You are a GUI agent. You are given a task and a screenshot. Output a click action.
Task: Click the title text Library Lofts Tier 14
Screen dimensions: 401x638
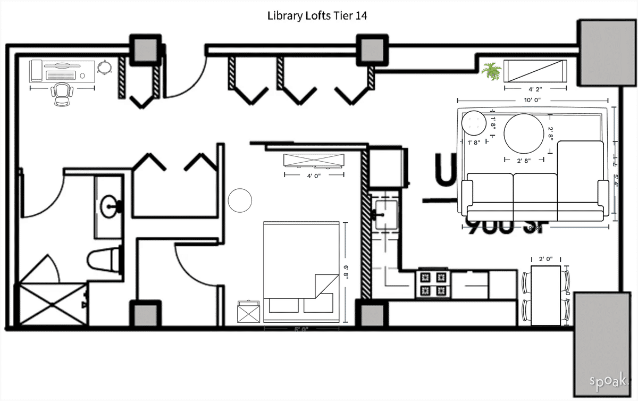coord(317,16)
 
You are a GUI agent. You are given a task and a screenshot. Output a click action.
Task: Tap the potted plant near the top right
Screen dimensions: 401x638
coord(491,71)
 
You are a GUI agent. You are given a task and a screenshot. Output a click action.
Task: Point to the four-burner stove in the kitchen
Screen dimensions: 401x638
coord(433,284)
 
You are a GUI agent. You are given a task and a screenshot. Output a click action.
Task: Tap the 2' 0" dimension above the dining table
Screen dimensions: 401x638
coord(545,259)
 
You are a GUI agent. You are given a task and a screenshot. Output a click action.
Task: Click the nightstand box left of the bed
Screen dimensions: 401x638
coord(248,312)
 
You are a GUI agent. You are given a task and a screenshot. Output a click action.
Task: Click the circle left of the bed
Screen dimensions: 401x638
coord(240,200)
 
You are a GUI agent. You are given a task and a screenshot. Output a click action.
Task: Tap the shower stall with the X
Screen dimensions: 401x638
coord(53,304)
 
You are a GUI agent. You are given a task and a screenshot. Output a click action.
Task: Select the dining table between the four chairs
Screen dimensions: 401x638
coord(546,296)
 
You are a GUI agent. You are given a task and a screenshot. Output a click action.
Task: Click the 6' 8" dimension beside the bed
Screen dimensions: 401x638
coord(346,271)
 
